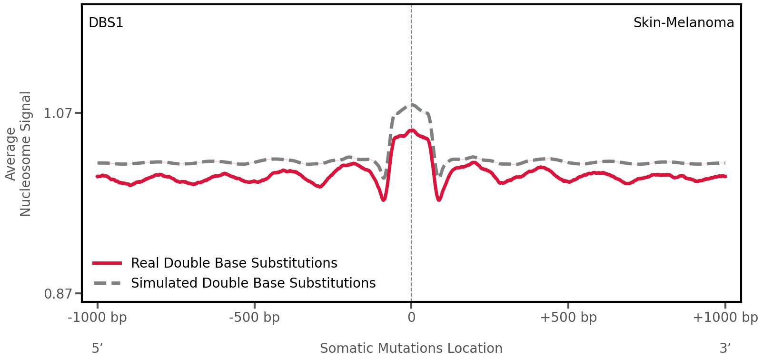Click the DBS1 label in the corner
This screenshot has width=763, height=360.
coord(106,22)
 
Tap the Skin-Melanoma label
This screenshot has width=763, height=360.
coord(683,22)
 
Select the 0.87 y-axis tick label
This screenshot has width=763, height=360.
coord(58,294)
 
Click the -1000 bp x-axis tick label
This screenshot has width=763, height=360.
coord(98,318)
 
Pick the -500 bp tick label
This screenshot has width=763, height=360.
coord(254,318)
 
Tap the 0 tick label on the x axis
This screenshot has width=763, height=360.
coord(411,318)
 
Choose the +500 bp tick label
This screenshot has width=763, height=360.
coord(568,318)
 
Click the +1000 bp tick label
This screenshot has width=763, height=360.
coord(725,318)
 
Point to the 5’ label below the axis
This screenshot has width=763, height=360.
coord(98,348)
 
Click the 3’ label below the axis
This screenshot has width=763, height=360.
coord(725,348)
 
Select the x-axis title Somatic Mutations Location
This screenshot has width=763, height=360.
coord(411,348)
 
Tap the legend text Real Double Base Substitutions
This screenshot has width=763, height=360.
coord(234,263)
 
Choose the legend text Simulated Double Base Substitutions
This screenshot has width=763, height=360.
coord(253,283)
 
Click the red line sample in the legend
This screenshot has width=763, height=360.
coord(108,263)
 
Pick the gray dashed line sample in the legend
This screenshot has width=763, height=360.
coord(108,283)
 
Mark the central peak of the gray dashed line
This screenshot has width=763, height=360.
coord(412,105)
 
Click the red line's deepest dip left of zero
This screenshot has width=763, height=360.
coord(384,200)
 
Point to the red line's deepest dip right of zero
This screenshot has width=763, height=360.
coord(439,200)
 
